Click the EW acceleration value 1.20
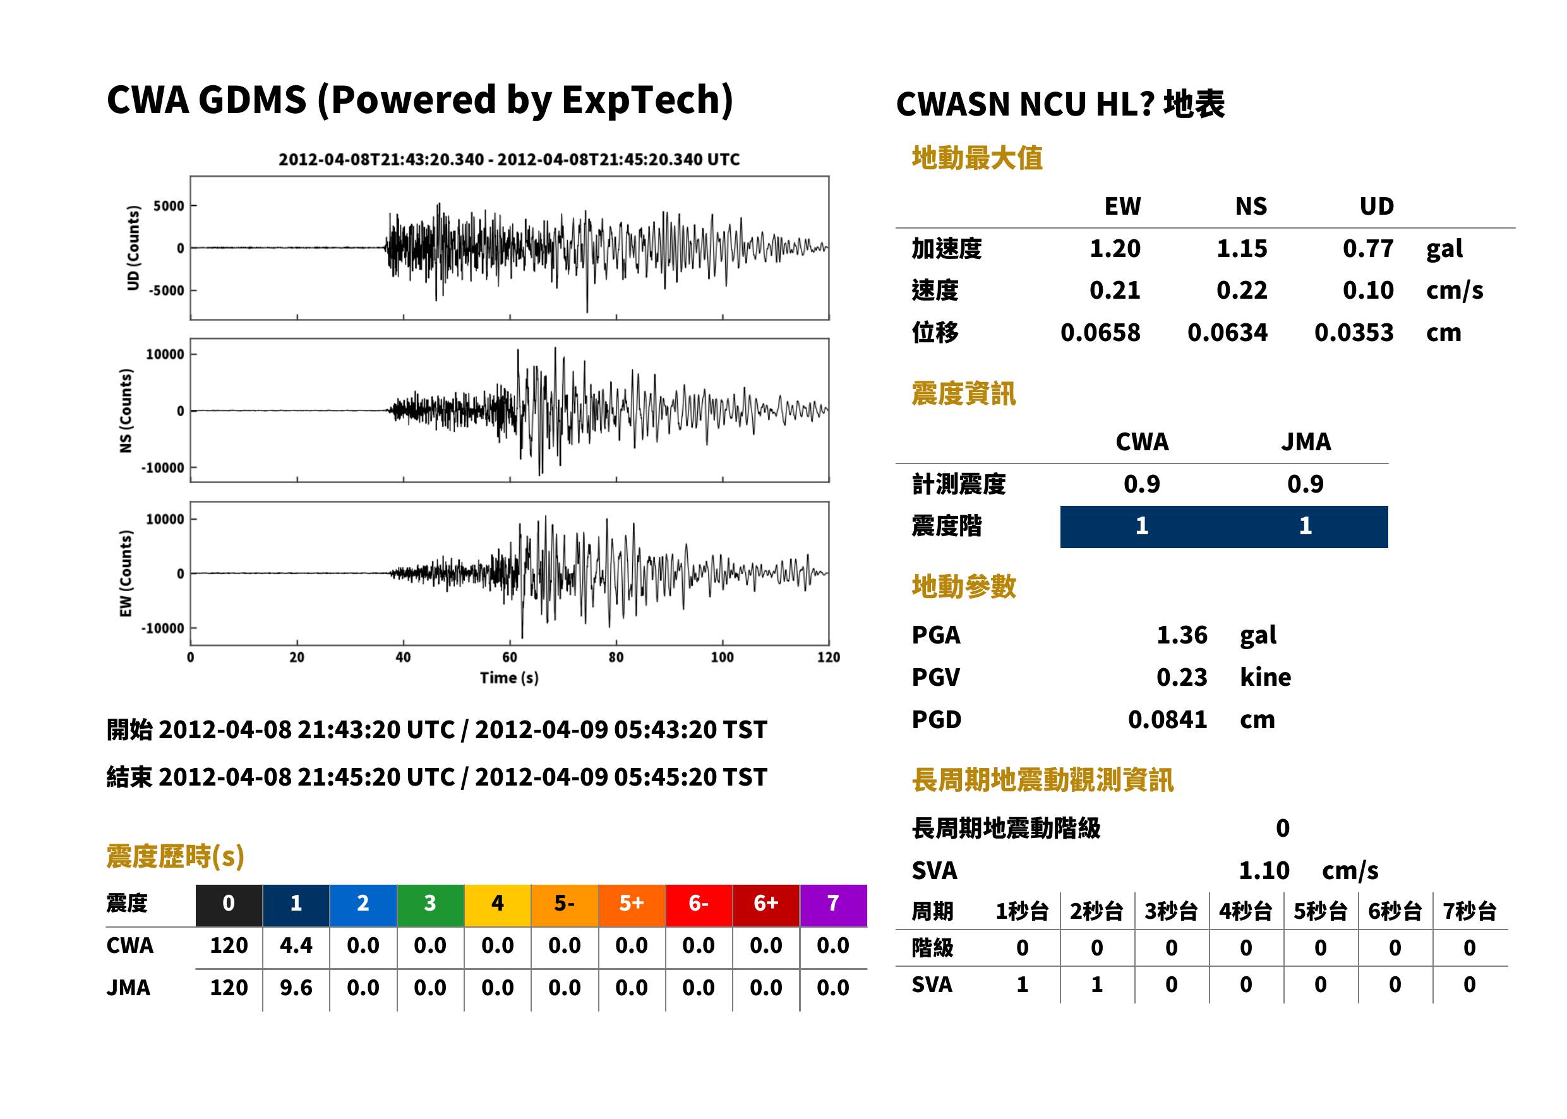[x=1114, y=248]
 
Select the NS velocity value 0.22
[x=1241, y=290]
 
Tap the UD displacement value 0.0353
[x=1354, y=332]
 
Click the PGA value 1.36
[x=1182, y=635]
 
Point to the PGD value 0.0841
[x=1167, y=719]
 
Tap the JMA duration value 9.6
[x=296, y=988]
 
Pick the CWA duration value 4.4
[x=296, y=945]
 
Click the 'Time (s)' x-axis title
[x=509, y=678]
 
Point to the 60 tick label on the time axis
[x=509, y=657]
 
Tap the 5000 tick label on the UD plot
[x=169, y=206]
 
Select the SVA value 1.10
[x=1264, y=870]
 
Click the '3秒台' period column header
[x=1171, y=911]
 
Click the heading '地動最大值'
[x=977, y=158]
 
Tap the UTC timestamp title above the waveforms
[x=509, y=159]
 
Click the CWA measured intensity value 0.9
[x=1142, y=484]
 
